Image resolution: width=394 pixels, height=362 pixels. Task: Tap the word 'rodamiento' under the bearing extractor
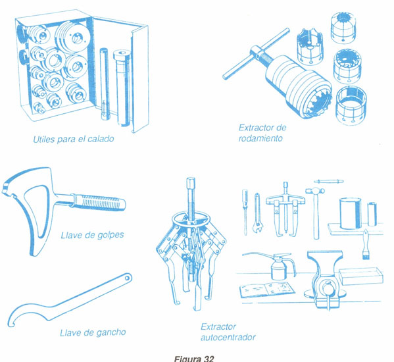coord(260,138)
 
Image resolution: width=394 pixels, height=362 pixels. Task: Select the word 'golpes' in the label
coord(111,236)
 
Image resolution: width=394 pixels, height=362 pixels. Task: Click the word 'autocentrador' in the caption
coord(228,337)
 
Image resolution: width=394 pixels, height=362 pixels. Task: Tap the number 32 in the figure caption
coord(209,359)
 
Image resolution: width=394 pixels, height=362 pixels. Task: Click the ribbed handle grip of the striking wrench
coord(99,201)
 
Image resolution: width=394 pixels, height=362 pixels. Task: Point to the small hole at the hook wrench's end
coord(128,278)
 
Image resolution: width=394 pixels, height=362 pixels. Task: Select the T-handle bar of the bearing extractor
coord(256,54)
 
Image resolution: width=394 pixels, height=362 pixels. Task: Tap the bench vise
coord(325,279)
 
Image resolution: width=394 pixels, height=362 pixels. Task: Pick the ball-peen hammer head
coord(315,191)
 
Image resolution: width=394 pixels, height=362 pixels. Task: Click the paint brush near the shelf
coord(366,244)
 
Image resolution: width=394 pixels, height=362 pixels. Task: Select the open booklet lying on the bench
coord(267,289)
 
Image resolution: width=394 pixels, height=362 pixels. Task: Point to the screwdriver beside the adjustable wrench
coord(245,213)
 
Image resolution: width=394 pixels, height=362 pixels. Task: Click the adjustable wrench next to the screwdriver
coord(257,213)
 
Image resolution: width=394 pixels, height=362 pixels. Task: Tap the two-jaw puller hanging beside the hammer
coord(285,210)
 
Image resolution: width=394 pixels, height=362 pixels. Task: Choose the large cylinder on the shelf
coord(351,213)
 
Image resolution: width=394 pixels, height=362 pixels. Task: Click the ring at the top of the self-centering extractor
coord(191,218)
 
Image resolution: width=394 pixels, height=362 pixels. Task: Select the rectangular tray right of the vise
coord(361,276)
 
